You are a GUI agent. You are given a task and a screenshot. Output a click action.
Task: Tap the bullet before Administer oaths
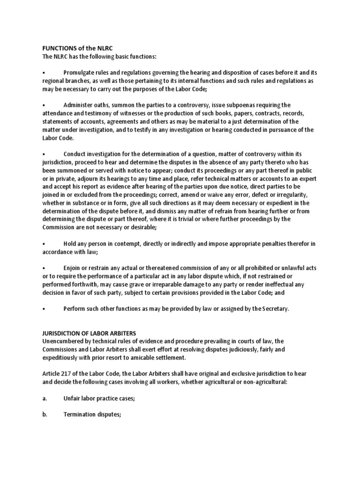pos(43,105)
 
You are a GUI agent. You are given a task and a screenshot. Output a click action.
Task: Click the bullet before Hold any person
pos(43,244)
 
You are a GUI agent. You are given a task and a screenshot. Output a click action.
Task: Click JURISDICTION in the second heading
pos(61,333)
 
